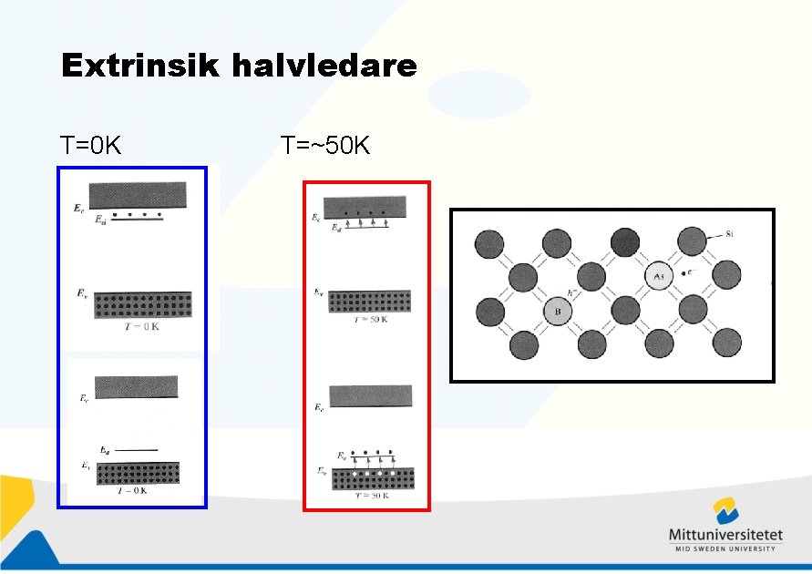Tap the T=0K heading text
point(91,145)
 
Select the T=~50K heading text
point(325,145)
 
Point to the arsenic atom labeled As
point(658,275)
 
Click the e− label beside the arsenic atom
point(694,271)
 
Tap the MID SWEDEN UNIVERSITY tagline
point(725,548)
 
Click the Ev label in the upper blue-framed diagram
point(82,293)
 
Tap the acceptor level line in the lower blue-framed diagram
point(139,450)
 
